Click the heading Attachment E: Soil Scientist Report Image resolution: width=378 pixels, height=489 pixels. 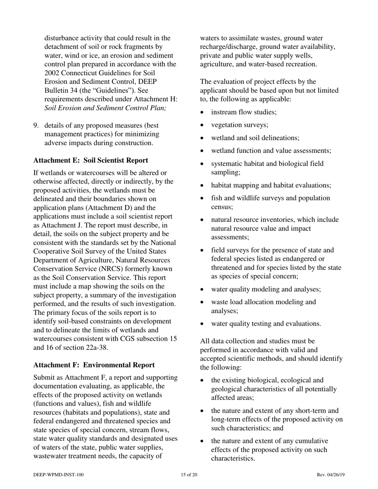91,160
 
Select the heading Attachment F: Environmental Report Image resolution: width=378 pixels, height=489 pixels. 94,365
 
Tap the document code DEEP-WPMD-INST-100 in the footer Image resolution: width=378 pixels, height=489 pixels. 58,475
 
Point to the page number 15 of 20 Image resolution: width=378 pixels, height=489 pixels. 189,475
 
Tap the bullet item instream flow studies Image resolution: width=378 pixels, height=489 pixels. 244,112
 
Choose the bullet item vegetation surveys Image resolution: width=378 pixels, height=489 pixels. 240,125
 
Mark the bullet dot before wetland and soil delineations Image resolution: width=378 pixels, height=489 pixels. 203,138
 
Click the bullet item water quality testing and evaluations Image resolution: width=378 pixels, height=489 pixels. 266,324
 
